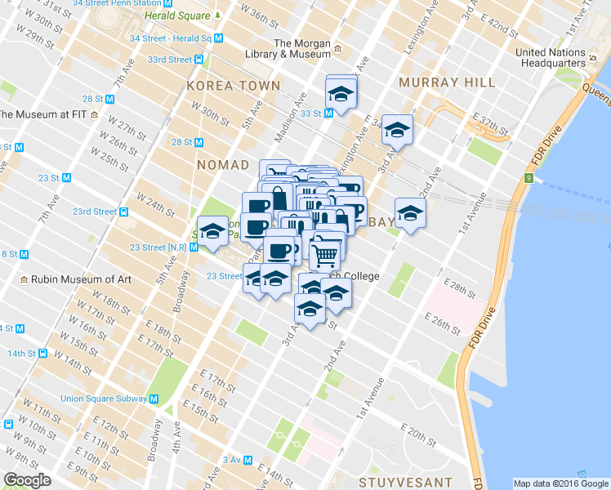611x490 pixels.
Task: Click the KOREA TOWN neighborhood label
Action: click(233, 85)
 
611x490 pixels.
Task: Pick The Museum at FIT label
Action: click(48, 114)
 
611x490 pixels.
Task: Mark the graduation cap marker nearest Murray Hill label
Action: click(397, 128)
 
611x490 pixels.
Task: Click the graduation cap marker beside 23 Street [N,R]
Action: click(212, 230)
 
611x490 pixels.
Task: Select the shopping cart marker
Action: click(325, 253)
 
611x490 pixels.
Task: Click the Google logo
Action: click(27, 480)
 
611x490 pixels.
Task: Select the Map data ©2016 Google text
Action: click(560, 483)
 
